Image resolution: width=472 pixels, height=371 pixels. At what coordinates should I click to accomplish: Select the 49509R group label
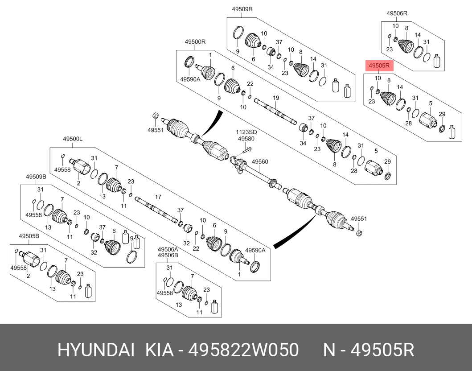click(242, 8)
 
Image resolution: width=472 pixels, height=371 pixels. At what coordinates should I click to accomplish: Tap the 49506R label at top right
click(397, 13)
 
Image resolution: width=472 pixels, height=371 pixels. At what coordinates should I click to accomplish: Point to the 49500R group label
click(195, 41)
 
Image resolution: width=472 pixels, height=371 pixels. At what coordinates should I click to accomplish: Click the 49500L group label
click(72, 140)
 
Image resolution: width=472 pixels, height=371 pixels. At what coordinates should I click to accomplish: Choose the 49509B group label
click(36, 177)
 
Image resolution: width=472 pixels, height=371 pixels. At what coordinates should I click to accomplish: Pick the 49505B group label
click(29, 236)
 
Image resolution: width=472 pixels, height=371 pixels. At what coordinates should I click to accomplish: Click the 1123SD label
click(246, 132)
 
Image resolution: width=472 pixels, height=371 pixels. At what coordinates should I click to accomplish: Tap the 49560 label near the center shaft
click(260, 161)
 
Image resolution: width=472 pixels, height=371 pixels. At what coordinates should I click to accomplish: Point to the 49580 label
click(246, 139)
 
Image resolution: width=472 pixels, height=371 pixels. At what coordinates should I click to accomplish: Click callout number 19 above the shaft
click(276, 98)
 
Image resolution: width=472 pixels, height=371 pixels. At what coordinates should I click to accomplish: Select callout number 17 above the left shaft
click(158, 197)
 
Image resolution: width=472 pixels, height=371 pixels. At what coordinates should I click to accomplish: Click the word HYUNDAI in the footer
click(95, 350)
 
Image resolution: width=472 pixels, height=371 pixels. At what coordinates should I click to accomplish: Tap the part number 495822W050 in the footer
click(243, 350)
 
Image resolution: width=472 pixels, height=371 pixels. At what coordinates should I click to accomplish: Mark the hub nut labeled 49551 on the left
click(154, 116)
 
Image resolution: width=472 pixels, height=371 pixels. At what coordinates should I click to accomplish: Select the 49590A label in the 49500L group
click(255, 251)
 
